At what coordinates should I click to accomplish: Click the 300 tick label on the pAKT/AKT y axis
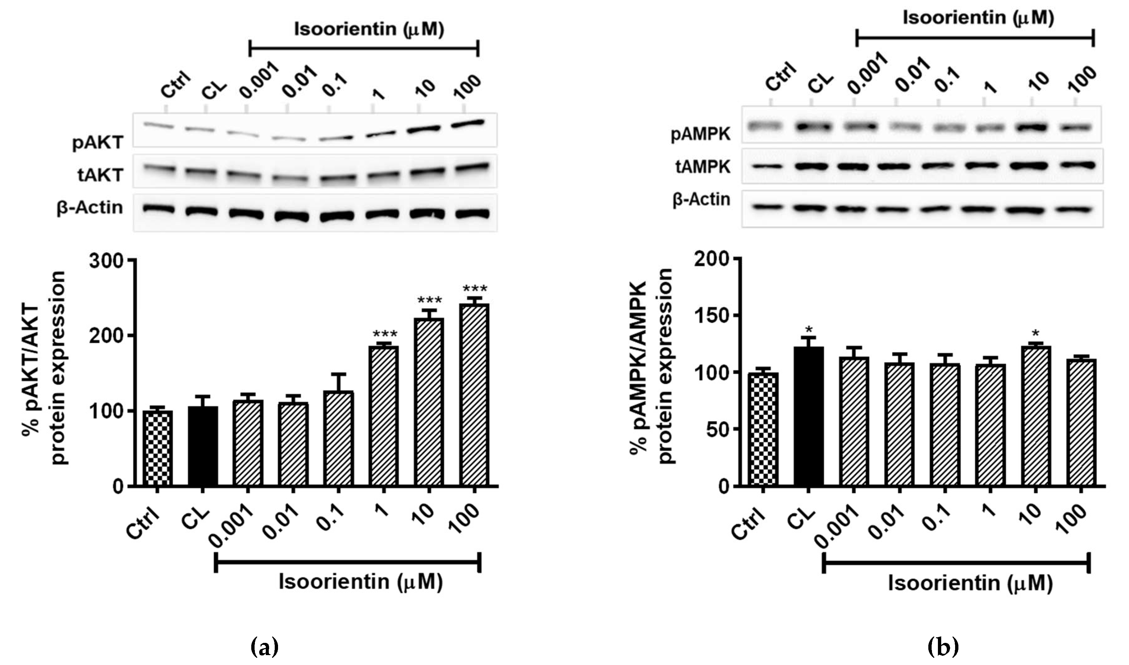pyautogui.click(x=106, y=260)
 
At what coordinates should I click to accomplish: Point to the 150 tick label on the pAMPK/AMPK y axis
pyautogui.click(x=710, y=316)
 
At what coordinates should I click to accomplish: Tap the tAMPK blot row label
pyautogui.click(x=703, y=167)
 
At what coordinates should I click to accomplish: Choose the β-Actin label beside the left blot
pyautogui.click(x=90, y=208)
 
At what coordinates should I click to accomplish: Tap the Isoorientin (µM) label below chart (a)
pyautogui.click(x=360, y=582)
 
